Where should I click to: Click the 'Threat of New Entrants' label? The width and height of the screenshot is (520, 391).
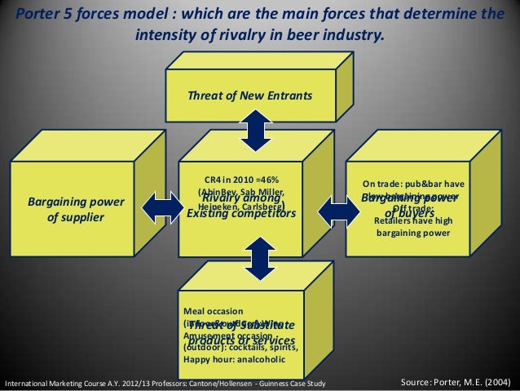[x=249, y=96]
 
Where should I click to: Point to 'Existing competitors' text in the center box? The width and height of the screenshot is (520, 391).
[x=240, y=214]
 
